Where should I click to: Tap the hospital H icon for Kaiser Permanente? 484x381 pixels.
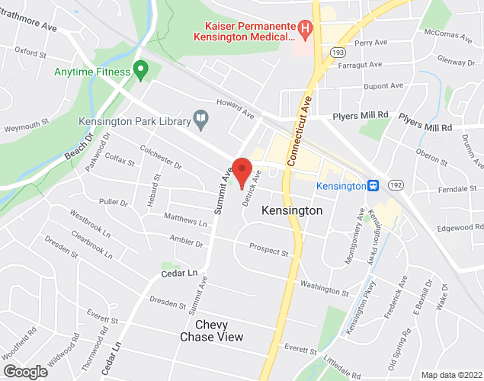[306, 30]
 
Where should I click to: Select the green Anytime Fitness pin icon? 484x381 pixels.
[140, 71]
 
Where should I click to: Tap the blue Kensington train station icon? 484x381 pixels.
[373, 186]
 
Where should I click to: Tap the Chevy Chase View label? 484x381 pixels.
[211, 331]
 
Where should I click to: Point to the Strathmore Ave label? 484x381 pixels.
[29, 27]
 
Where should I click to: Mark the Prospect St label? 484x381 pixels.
[269, 251]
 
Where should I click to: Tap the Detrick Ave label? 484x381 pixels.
[252, 187]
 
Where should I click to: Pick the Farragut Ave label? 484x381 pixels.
[360, 65]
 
